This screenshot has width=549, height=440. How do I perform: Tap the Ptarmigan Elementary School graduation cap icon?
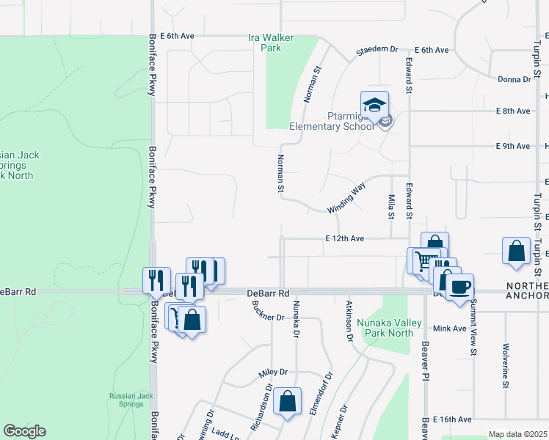[x=374, y=104]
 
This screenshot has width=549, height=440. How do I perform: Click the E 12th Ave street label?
[x=345, y=239]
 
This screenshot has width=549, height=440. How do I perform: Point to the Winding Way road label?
[x=346, y=198]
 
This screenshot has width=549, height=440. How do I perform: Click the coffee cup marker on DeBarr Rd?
[x=459, y=287]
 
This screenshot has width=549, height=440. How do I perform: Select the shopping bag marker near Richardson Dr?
[x=287, y=400]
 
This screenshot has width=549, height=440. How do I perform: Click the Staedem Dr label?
[x=377, y=50]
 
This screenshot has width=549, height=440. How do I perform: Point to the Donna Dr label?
[x=514, y=79]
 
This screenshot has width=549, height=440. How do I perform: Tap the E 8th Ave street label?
[x=512, y=111]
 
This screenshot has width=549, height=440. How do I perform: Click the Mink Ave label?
[x=450, y=329]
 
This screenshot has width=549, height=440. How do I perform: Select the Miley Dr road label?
[x=272, y=373]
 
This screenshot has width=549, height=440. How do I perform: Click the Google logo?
[x=24, y=431]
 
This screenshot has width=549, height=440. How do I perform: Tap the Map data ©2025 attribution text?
[x=517, y=434]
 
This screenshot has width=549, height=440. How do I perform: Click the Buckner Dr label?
[x=268, y=317]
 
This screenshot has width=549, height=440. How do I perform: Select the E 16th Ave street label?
[x=451, y=419]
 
